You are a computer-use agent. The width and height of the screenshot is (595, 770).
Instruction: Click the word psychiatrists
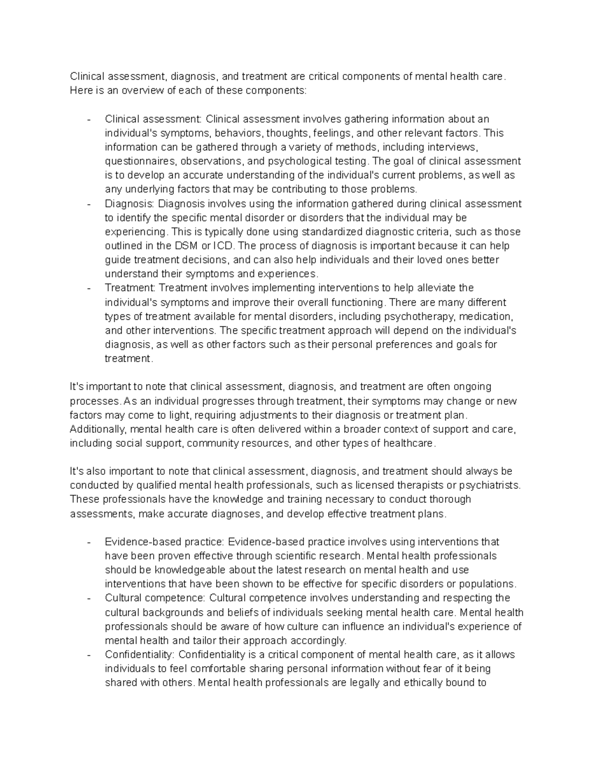[489, 485]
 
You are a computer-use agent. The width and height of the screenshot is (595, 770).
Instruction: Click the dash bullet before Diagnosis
[89, 204]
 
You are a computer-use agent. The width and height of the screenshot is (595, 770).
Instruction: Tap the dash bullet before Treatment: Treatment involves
[89, 288]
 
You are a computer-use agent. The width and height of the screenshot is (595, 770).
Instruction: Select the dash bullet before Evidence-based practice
[89, 542]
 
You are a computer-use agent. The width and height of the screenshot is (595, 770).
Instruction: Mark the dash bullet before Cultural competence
[89, 598]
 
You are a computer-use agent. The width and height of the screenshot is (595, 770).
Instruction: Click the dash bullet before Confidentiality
[89, 654]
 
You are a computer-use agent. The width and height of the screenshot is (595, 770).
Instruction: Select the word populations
[488, 584]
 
